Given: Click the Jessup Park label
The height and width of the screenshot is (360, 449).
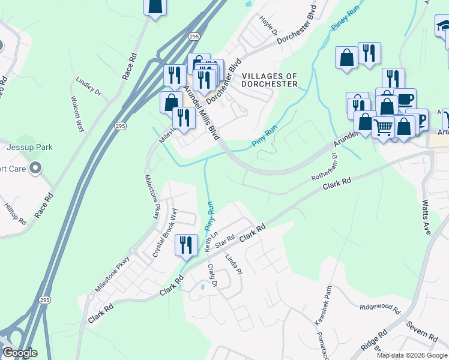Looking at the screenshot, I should [31, 147].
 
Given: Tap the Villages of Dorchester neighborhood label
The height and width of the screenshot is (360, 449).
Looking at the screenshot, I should [270, 80].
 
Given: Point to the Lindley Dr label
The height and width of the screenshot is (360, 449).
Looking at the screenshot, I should [88, 86].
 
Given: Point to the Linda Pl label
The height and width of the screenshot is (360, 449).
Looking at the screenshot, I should [233, 263].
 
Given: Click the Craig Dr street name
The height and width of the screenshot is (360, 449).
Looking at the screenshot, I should [212, 275].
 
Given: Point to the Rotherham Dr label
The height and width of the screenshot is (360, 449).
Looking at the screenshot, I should [325, 170].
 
